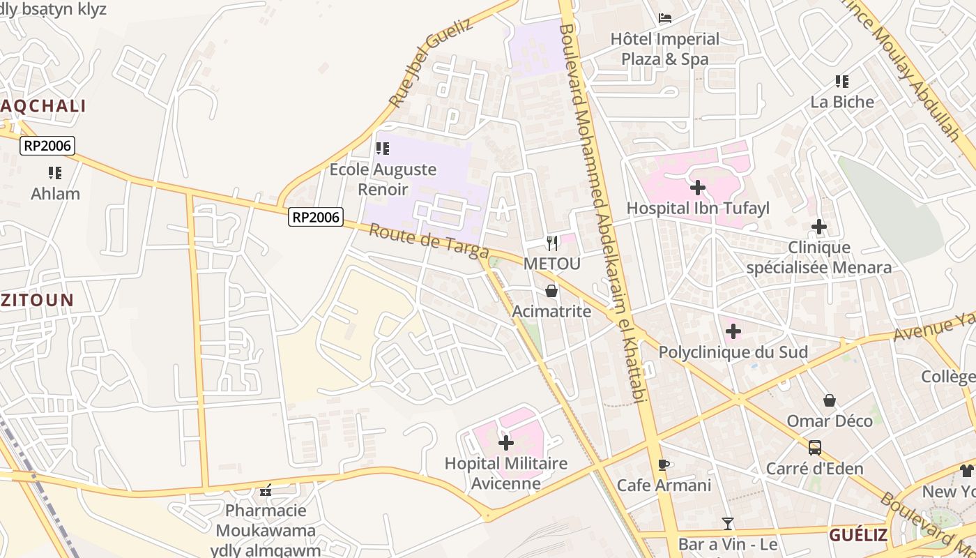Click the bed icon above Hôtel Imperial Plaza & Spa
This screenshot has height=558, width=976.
(x=665, y=18)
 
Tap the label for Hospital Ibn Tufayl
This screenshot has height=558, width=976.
(x=697, y=208)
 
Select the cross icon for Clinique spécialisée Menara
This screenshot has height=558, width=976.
(x=819, y=227)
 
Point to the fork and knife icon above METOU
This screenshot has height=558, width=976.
(x=551, y=243)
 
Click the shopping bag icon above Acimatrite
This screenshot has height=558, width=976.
(x=551, y=291)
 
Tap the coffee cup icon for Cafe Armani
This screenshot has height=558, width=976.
(x=664, y=465)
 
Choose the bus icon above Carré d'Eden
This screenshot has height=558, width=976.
(x=815, y=448)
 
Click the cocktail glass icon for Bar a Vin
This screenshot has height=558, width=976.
(x=728, y=523)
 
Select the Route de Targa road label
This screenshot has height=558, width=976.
(x=428, y=241)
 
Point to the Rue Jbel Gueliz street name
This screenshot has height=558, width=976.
(x=430, y=63)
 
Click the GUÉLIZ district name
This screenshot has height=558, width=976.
(x=857, y=535)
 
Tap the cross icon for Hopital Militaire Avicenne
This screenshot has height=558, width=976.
(x=506, y=443)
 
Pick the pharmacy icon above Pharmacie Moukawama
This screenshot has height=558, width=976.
(x=266, y=490)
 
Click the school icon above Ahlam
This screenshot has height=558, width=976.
(x=55, y=172)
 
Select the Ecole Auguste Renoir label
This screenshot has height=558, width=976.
(x=383, y=179)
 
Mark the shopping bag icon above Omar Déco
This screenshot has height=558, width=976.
(x=830, y=400)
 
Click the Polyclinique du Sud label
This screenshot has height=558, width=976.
(x=733, y=352)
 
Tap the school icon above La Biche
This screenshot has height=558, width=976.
(x=842, y=82)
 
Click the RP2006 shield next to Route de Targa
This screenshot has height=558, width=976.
(x=316, y=218)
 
